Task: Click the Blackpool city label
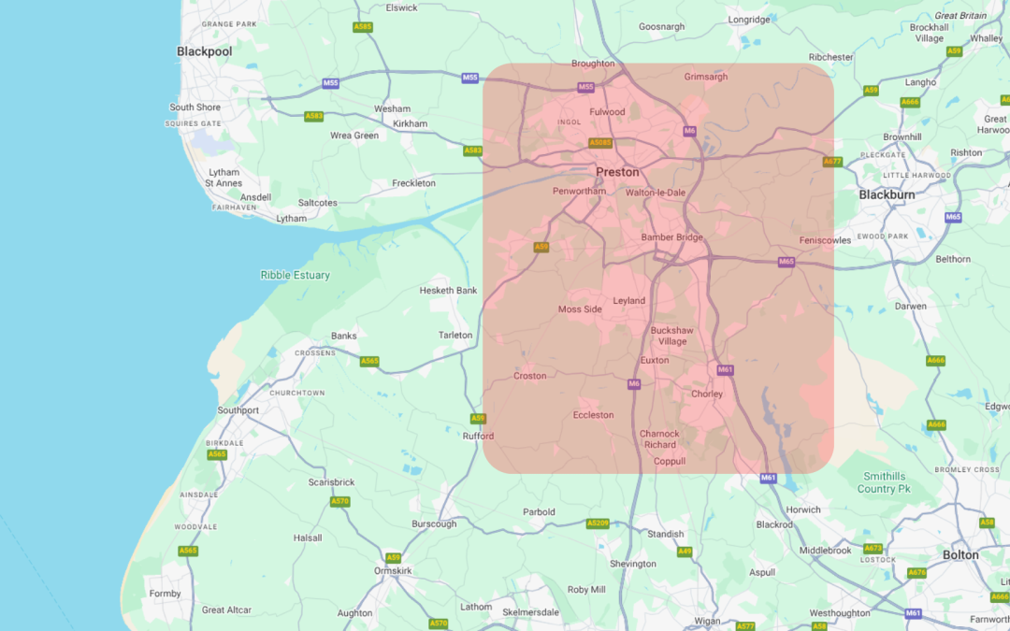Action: [204, 51]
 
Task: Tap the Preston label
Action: [617, 172]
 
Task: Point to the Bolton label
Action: [960, 554]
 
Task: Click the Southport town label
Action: [238, 410]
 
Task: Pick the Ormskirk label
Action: [392, 570]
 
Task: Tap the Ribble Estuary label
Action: [295, 275]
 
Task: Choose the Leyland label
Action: [628, 301]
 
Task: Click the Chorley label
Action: [707, 394]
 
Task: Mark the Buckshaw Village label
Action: [671, 336]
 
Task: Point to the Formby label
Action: [165, 594]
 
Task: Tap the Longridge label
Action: [749, 19]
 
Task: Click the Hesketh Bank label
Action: [448, 291]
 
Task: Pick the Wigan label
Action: [707, 621]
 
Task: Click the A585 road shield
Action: [363, 27]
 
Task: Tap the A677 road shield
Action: [831, 162]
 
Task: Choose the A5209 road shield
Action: [598, 523]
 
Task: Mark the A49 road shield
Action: [685, 552]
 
